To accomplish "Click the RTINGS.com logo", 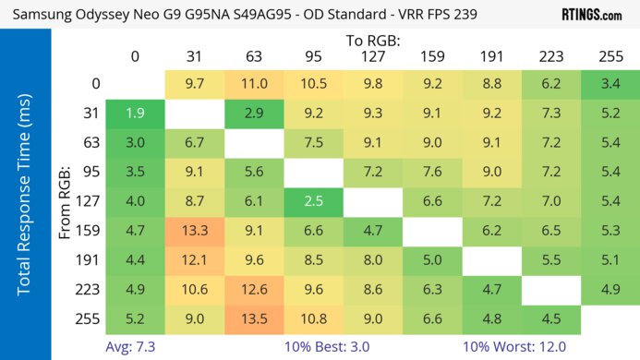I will point(592,15).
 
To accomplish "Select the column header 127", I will point(371,57).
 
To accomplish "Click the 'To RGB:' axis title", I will point(372,41).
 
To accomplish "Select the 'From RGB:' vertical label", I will point(66,203).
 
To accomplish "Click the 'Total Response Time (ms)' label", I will point(25,203).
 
